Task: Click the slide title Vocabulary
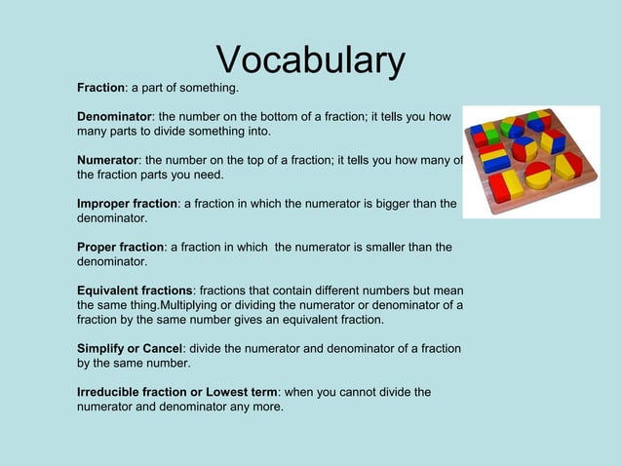point(310,60)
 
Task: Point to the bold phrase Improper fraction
point(127,204)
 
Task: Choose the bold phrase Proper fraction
point(120,248)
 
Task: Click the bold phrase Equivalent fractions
point(135,291)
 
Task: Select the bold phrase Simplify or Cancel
point(131,348)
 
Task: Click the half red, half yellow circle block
point(537,175)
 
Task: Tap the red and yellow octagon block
point(567,164)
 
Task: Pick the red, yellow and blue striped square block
point(494,158)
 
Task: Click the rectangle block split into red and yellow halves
point(505,185)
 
